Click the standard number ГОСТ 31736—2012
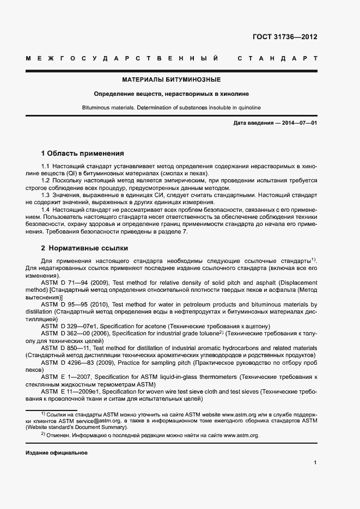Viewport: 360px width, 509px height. pyautogui.click(x=285, y=37)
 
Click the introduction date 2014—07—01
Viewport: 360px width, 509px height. pyautogui.click(x=296, y=123)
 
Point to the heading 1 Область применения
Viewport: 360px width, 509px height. pyautogui.click(x=83, y=154)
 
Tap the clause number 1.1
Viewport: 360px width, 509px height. pyautogui.click(x=46, y=165)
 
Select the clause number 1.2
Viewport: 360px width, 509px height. pyautogui.click(x=46, y=180)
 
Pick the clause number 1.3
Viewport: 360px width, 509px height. pyautogui.click(x=46, y=194)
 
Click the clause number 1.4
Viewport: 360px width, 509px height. pyautogui.click(x=46, y=209)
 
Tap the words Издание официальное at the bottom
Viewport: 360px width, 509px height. pyautogui.click(x=57, y=453)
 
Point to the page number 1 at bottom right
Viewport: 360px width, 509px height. pyautogui.click(x=315, y=463)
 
